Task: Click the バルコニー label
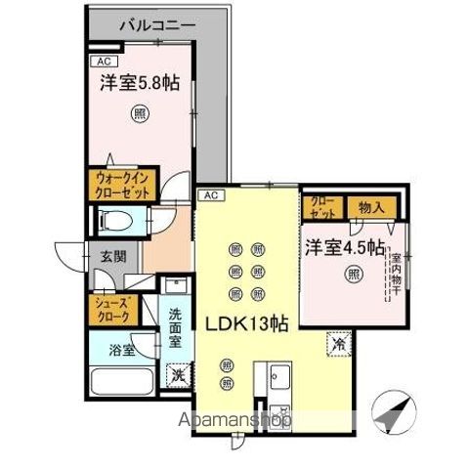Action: click(x=158, y=23)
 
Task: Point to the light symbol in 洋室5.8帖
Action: click(x=141, y=113)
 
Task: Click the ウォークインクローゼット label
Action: click(x=121, y=186)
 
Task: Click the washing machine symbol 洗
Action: click(x=177, y=372)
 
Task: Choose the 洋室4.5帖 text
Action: click(x=342, y=246)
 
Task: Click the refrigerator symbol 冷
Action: click(x=336, y=345)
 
